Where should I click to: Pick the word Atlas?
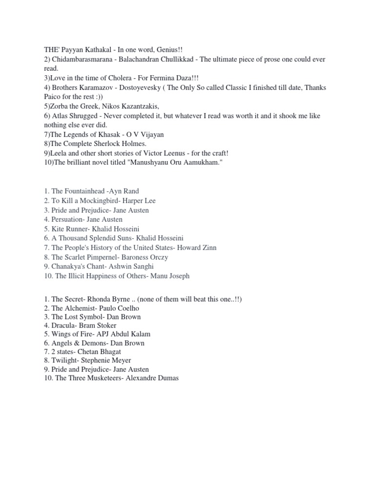61,116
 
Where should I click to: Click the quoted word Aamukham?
206,162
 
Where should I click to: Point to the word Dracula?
63,326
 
